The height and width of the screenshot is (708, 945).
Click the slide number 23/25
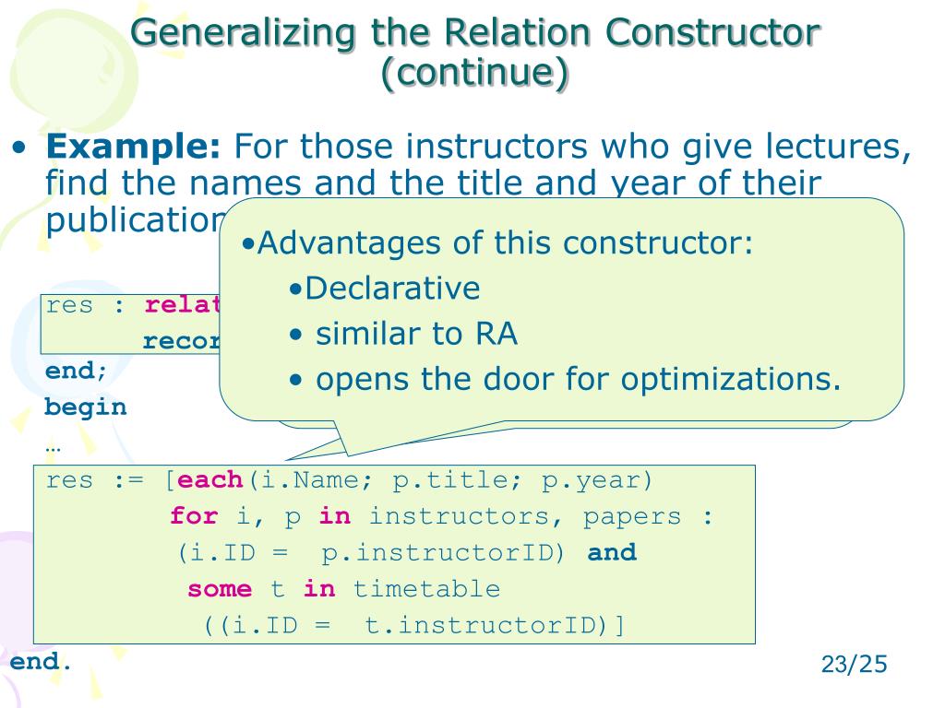point(854,664)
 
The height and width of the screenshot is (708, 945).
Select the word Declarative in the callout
point(392,289)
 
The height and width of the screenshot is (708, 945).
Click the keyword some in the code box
point(220,589)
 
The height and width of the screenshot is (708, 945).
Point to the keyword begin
point(86,407)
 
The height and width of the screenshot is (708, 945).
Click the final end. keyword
point(41,662)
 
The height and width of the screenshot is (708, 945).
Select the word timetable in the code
point(426,589)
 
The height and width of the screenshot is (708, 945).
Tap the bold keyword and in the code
point(612,553)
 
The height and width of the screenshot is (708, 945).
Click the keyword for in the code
point(193,516)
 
